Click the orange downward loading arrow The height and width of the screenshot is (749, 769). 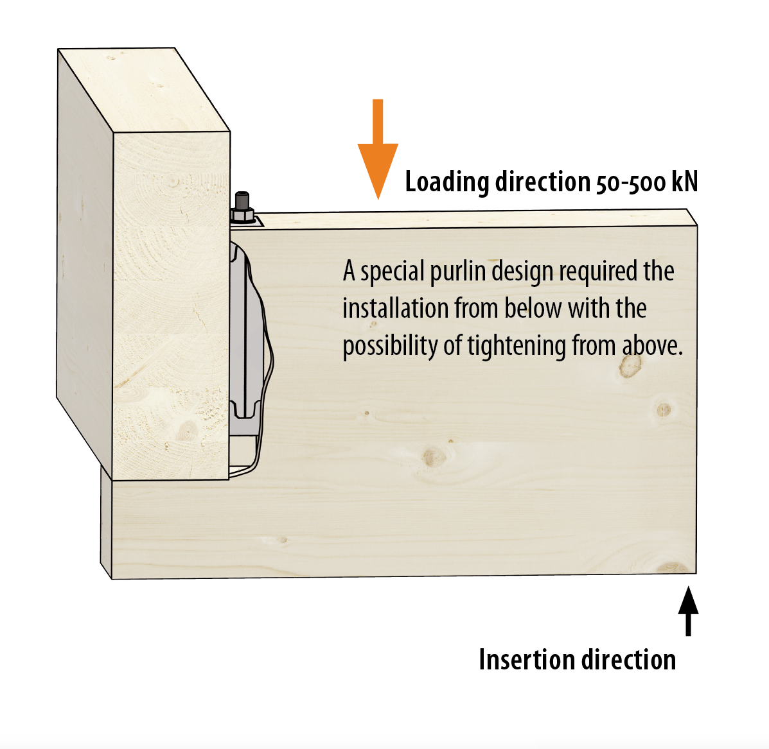click(x=378, y=149)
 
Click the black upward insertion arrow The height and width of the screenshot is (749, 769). click(x=688, y=611)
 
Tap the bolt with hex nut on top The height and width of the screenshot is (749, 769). click(x=242, y=208)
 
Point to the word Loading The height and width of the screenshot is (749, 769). click(x=446, y=182)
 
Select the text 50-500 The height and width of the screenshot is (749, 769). click(x=631, y=182)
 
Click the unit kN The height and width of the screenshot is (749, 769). click(x=685, y=181)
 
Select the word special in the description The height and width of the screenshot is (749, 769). click(x=393, y=272)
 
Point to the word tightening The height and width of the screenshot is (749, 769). click(x=517, y=347)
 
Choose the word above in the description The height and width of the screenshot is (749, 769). click(x=652, y=346)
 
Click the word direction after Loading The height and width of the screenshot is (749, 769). click(x=542, y=181)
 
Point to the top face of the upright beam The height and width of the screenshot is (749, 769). click(x=144, y=90)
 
